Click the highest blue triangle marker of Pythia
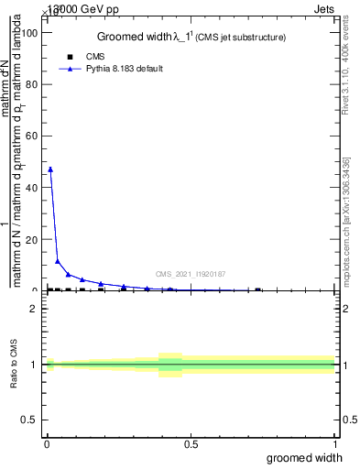point(50,169)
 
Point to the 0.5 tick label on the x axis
point(191,444)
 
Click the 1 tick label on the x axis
point(334,444)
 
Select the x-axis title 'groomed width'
point(305,457)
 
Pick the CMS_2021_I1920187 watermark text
point(191,274)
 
